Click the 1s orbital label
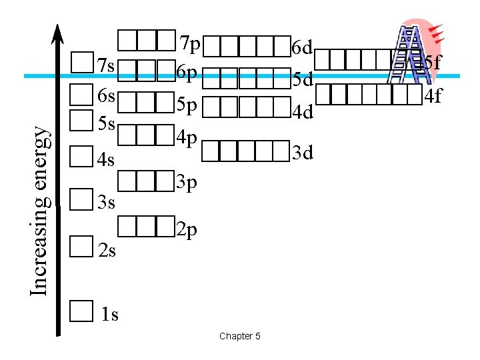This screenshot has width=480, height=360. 109,314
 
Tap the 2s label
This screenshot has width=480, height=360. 107,251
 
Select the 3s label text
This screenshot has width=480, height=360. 107,202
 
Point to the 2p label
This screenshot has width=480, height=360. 186,230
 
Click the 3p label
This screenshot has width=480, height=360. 186,182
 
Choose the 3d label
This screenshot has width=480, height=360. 303,153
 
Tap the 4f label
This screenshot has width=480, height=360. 433,97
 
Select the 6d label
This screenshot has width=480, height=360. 302,48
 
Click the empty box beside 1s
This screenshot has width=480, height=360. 81,311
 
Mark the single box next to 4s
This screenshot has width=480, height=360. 81,157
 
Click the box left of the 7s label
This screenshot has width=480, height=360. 81,63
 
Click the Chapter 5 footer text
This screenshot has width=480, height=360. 239,336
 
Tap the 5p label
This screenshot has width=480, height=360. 187,105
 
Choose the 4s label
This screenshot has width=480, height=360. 106,161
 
